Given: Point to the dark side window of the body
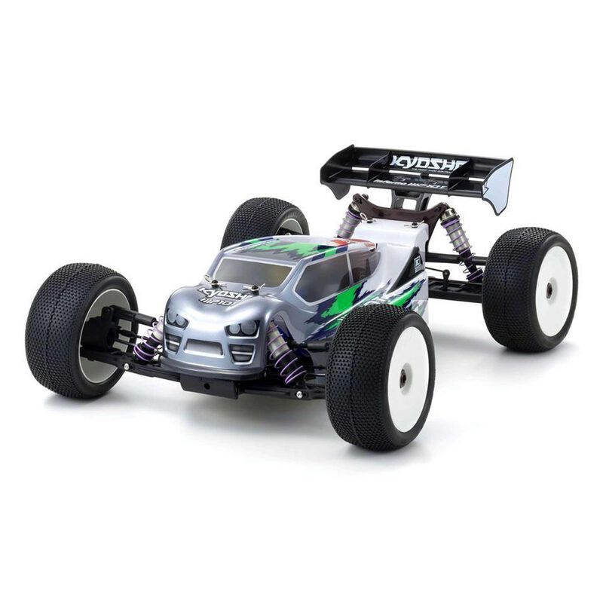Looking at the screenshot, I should coord(323,277).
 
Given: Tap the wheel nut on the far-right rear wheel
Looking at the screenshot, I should coord(549,288).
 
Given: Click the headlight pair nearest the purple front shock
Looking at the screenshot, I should coord(243,329).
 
